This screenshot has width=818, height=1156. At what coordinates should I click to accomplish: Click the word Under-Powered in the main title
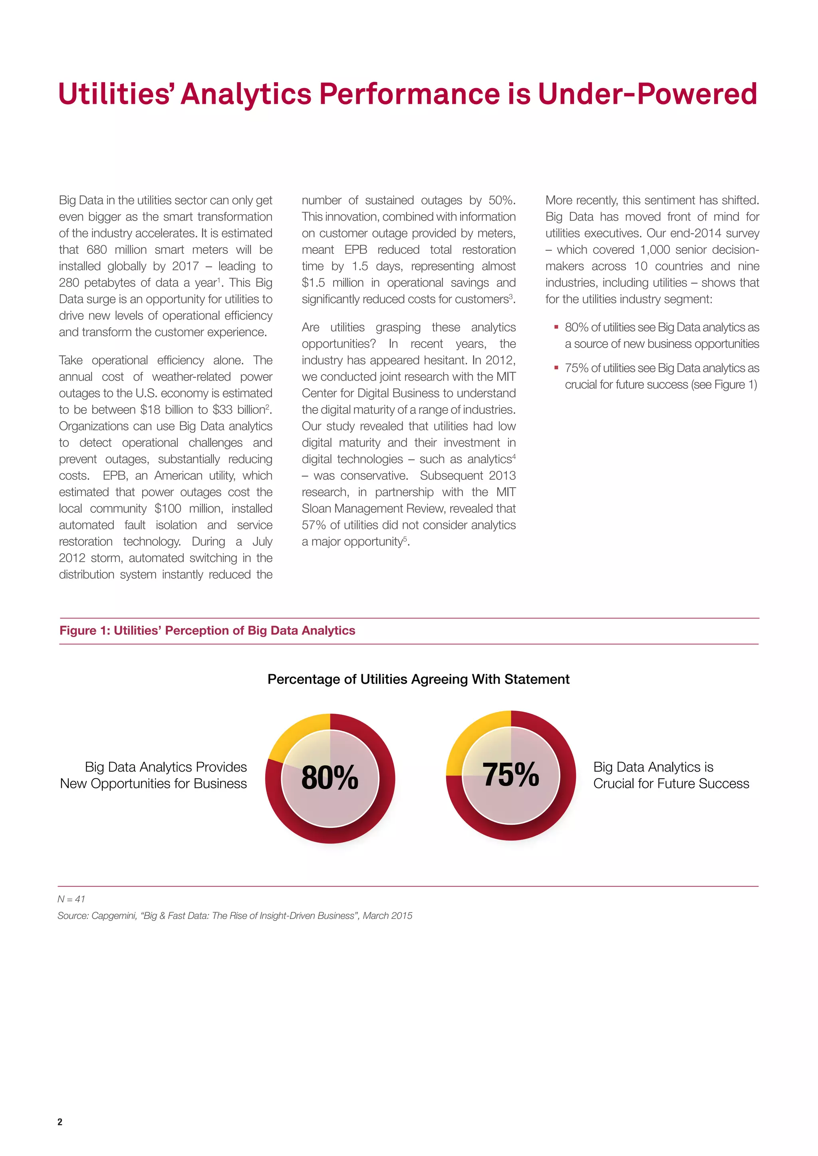(647, 94)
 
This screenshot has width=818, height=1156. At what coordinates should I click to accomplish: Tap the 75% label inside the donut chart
(511, 774)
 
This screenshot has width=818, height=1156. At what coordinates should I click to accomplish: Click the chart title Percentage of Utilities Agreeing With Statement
(418, 679)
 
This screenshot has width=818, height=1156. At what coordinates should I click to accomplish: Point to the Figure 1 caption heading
(207, 631)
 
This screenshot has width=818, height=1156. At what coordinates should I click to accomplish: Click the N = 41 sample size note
(71, 899)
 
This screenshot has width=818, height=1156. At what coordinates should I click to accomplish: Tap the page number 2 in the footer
(60, 1121)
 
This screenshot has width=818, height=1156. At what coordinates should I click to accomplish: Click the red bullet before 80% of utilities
(556, 327)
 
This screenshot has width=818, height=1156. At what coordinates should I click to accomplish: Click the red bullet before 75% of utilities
(556, 368)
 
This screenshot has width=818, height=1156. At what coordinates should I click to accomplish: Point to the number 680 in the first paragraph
(97, 250)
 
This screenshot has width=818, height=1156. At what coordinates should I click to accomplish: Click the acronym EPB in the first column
(114, 476)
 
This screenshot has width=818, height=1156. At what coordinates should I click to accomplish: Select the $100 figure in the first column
(167, 509)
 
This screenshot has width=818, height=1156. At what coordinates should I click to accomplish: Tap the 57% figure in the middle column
(313, 525)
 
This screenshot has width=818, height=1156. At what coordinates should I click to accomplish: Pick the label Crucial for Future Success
(671, 784)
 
